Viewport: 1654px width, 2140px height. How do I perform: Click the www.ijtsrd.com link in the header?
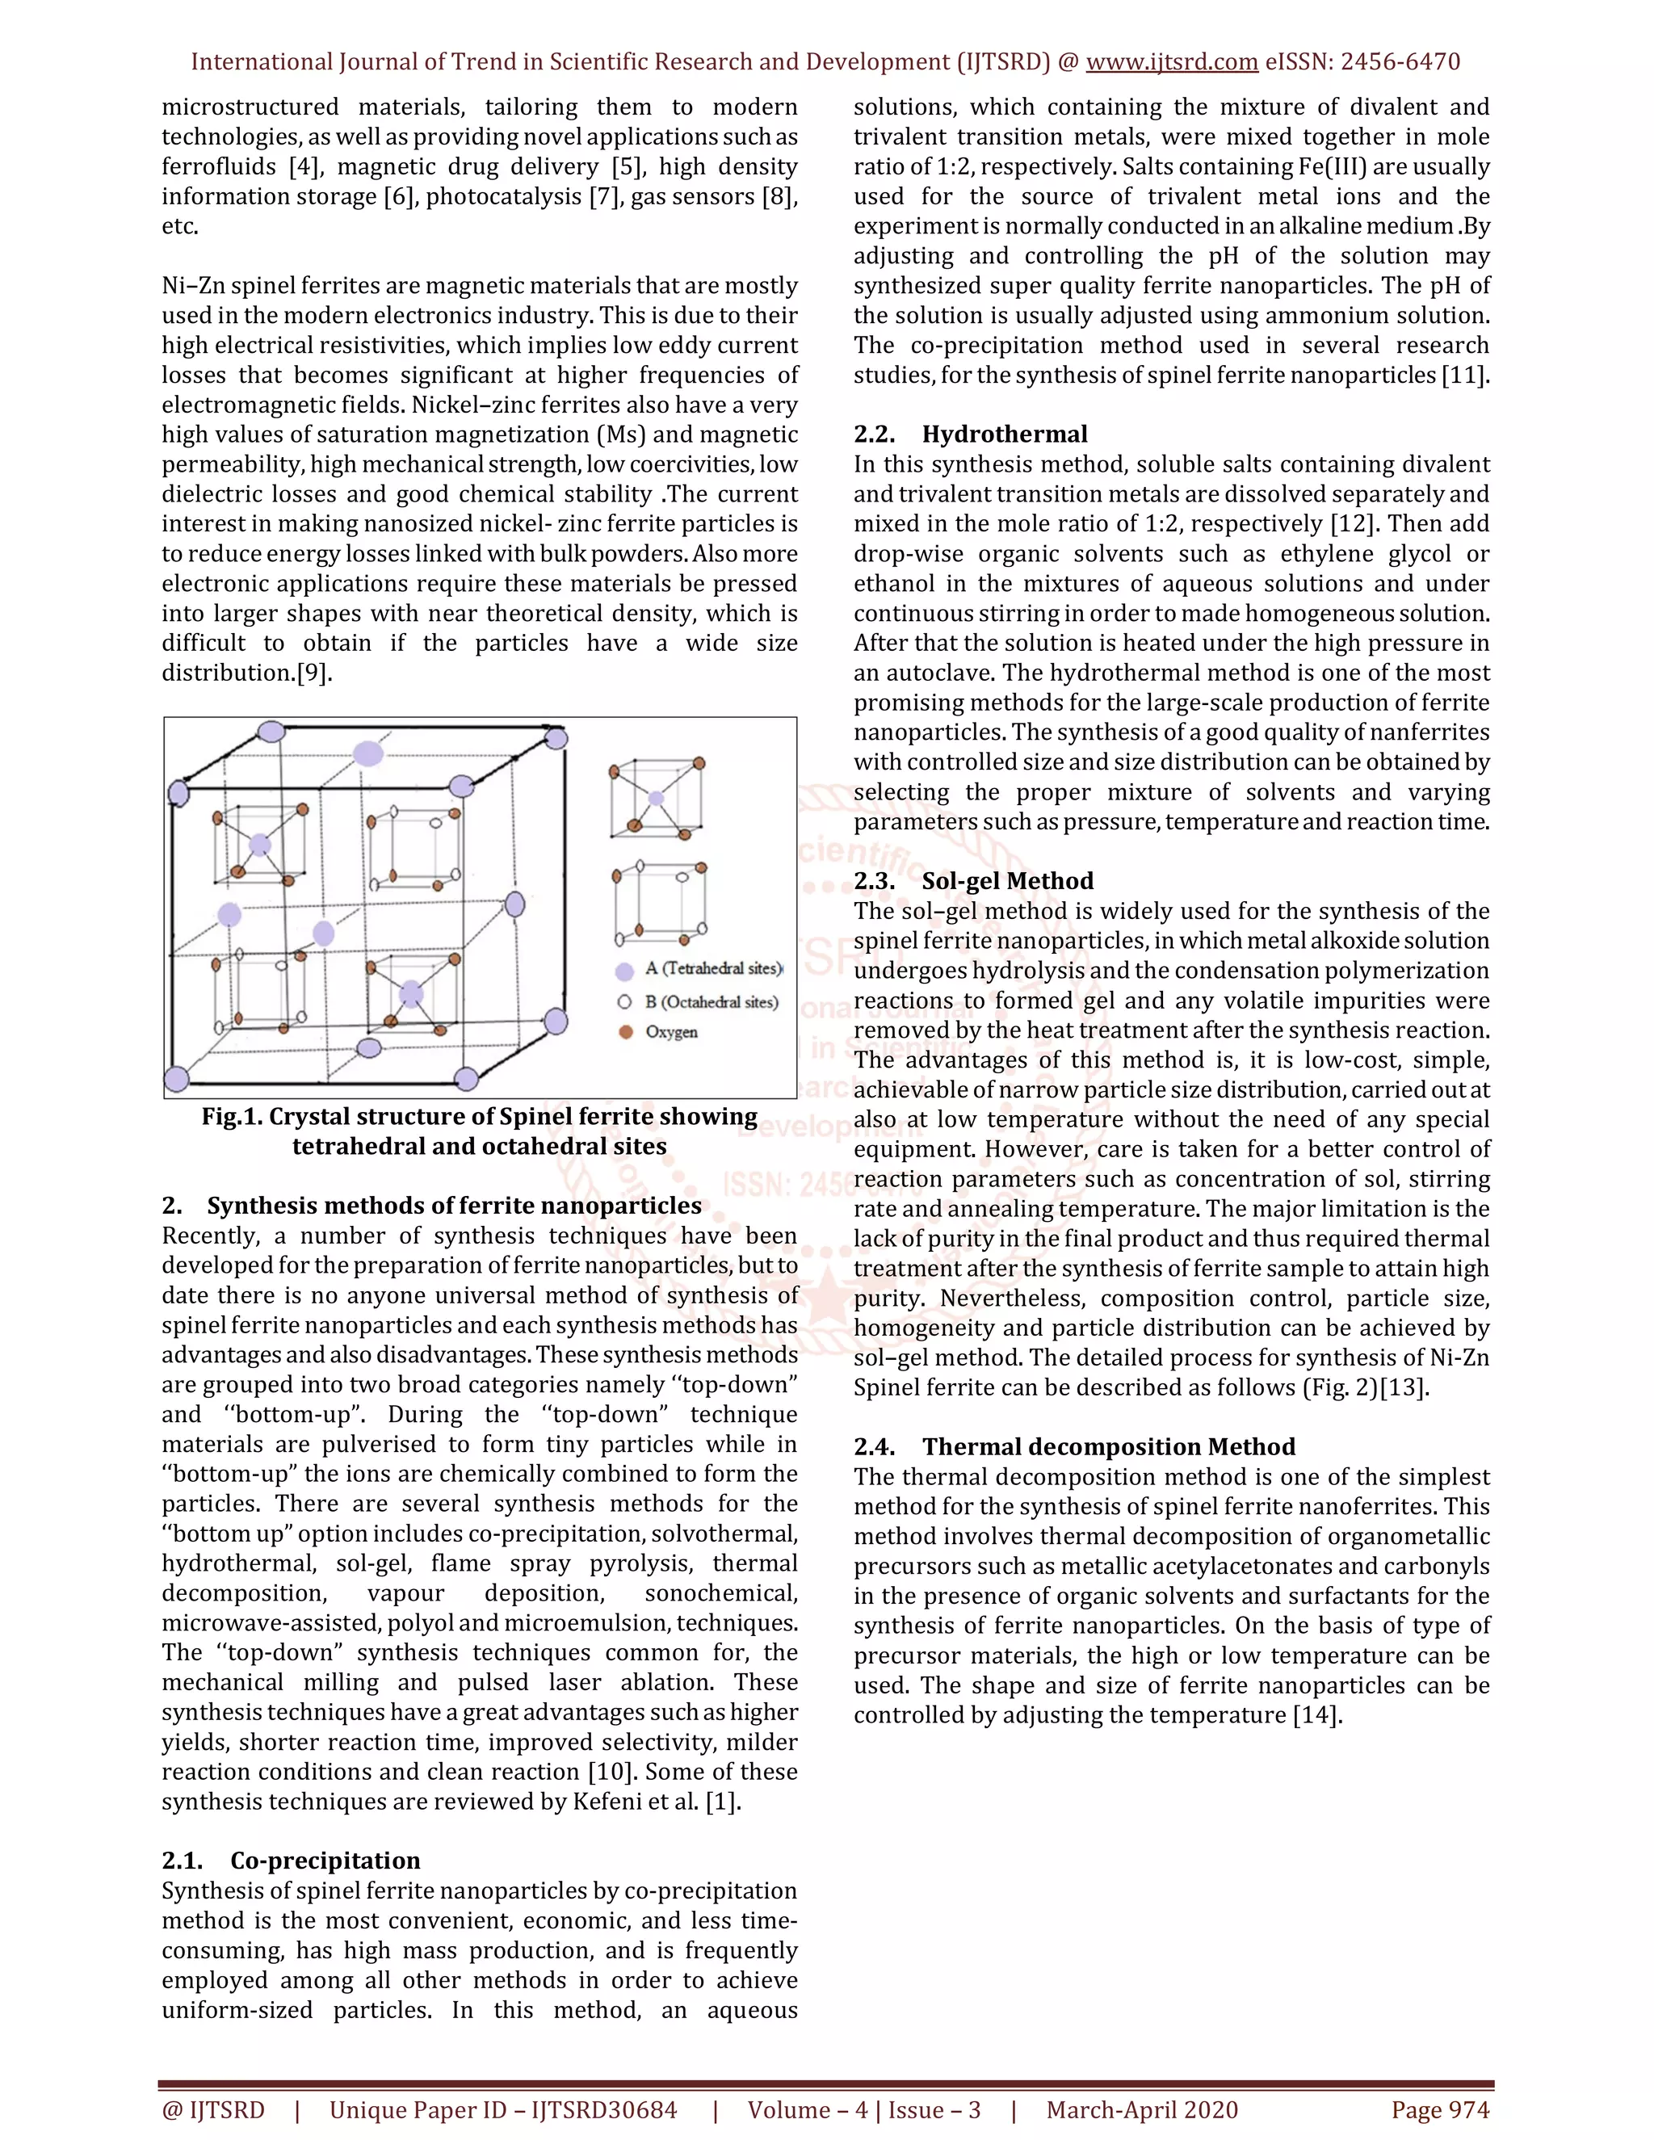click(x=1171, y=61)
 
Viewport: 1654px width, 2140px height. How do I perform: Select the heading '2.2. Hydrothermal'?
click(x=970, y=434)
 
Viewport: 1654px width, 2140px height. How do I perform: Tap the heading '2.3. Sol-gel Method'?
click(x=973, y=881)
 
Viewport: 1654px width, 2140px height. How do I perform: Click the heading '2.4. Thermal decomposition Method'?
click(x=1074, y=1446)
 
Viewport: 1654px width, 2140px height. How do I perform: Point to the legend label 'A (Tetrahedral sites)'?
click(x=712, y=969)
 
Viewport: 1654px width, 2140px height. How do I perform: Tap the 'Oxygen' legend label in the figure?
click(x=671, y=1032)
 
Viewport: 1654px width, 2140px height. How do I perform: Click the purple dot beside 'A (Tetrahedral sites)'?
click(x=624, y=972)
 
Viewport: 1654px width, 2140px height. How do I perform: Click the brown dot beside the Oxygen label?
click(x=625, y=1032)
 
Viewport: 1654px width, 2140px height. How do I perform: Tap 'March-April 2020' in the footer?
click(x=1141, y=2109)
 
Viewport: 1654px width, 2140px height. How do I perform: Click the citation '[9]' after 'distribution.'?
click(x=313, y=673)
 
